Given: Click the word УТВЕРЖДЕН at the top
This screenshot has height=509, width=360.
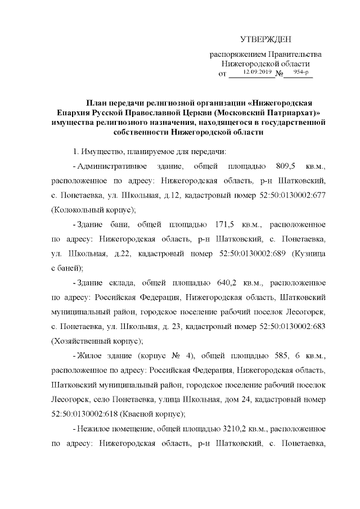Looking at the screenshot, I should pos(265,39).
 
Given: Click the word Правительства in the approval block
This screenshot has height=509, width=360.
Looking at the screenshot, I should pos(296,55).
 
